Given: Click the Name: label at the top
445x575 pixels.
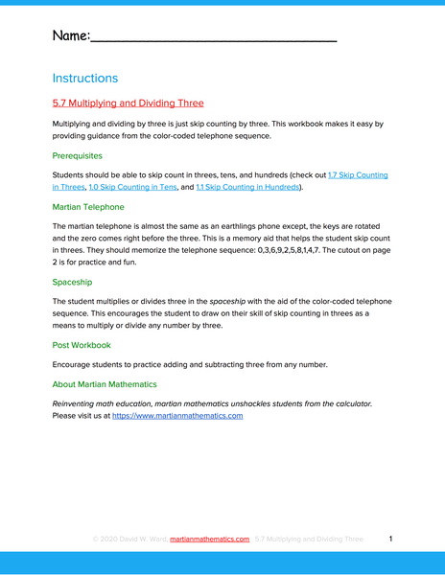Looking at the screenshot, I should coord(71,36).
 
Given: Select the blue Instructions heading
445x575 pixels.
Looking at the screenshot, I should coord(85,78).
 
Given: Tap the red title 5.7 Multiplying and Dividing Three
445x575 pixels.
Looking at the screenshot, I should coord(128,103).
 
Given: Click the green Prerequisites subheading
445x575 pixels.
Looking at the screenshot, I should coord(77,154).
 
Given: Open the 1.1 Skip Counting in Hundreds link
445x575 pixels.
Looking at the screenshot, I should coord(247,188).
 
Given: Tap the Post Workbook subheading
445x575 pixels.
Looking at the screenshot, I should coord(82,344).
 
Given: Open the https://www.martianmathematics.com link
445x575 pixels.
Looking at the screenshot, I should coord(177,416).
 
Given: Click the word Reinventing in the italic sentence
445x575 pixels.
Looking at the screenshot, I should coord(78,403).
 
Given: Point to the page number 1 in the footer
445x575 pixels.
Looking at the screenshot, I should coord(391,540).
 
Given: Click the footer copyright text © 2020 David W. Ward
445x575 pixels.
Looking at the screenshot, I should coord(129,540).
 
